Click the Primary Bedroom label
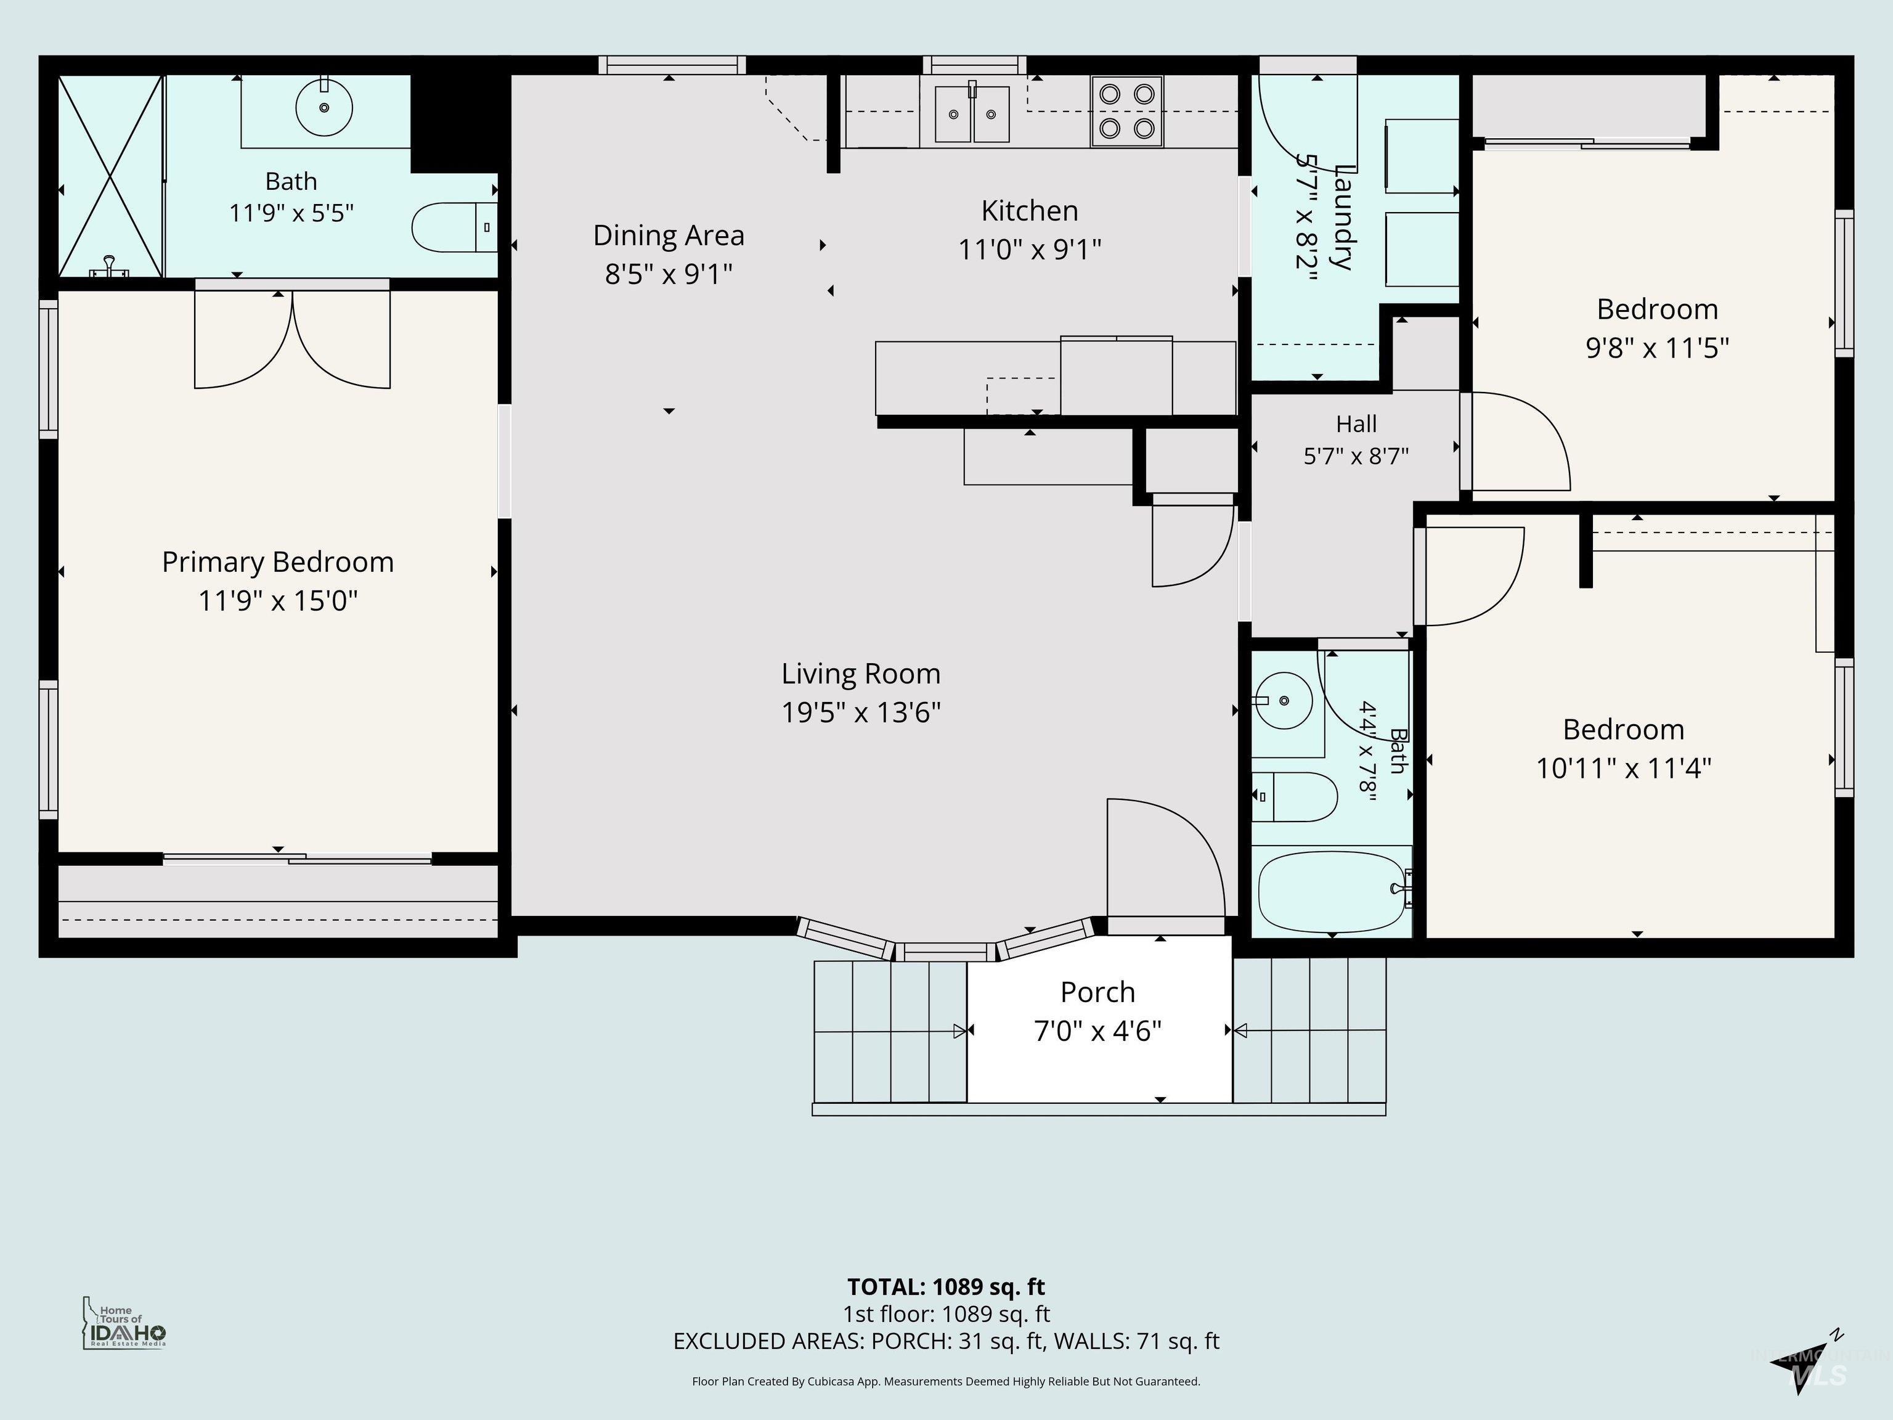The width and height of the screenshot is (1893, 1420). click(278, 562)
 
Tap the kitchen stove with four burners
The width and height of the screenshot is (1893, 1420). click(1126, 112)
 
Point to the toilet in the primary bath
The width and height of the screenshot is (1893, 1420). click(454, 227)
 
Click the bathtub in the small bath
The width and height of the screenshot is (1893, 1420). click(1332, 892)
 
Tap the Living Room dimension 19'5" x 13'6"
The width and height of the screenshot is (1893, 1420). click(861, 712)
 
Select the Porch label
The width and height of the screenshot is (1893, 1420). click(1098, 992)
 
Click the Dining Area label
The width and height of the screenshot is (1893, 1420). click(669, 235)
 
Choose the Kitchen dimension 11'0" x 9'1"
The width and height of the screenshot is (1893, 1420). click(1030, 250)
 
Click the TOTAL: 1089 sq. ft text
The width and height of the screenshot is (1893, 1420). click(946, 1286)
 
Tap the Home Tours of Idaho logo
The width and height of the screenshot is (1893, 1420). click(124, 1323)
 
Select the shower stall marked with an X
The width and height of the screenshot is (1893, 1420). click(110, 176)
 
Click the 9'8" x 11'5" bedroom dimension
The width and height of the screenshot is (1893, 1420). click(1658, 348)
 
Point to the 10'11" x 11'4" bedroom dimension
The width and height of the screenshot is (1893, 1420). click(1624, 769)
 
